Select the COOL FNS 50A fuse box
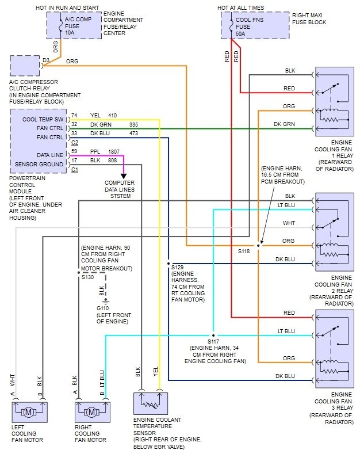pos(255,25)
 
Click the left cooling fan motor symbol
pos(29,412)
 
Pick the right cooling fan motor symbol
pos(92,412)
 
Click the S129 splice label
pos(177,268)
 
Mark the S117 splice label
pos(214,341)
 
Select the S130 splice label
pos(87,277)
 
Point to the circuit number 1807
pos(114,152)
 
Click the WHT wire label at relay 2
pos(289,222)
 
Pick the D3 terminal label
pos(46,59)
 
